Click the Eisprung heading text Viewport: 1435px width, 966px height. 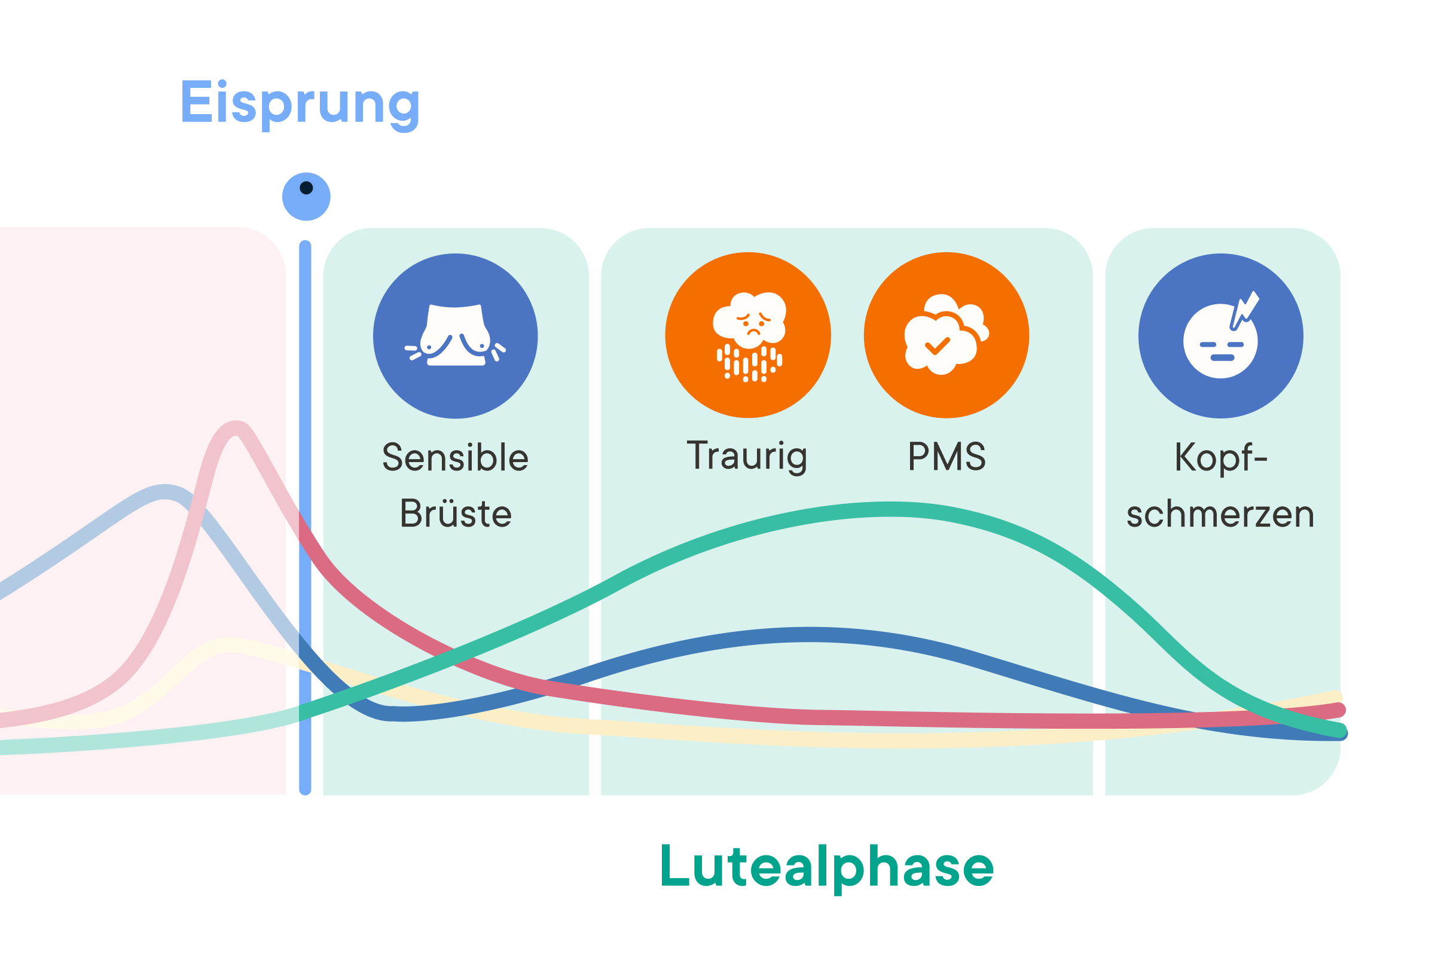click(300, 103)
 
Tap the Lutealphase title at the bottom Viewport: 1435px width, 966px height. click(826, 867)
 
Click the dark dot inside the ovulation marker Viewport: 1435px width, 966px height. click(306, 188)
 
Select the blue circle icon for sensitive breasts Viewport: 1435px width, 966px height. click(456, 337)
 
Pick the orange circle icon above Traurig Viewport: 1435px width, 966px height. click(748, 335)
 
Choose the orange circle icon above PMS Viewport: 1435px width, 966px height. click(947, 335)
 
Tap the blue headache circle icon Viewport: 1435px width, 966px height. click(1220, 337)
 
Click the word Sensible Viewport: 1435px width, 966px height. click(456, 458)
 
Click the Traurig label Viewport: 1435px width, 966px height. click(747, 457)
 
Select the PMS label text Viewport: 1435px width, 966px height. click(947, 457)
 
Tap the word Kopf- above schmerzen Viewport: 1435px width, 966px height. click(1220, 458)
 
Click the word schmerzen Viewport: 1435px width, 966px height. click(1220, 515)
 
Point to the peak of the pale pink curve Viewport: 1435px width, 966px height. click(236, 427)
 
